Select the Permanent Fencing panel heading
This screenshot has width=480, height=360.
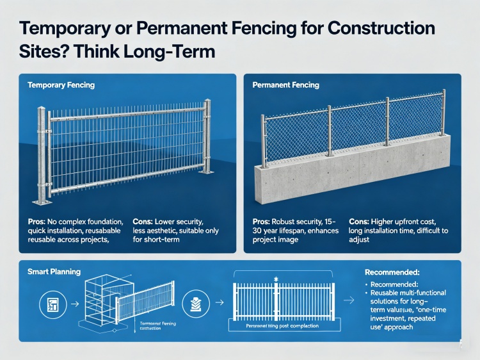pyautogui.click(x=285, y=85)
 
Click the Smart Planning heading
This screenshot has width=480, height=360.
pyautogui.click(x=54, y=272)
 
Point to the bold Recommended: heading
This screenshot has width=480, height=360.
pyautogui.click(x=392, y=272)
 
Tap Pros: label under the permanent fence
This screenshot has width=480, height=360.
pyautogui.click(x=265, y=221)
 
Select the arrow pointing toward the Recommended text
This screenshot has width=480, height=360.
pyautogui.click(x=349, y=299)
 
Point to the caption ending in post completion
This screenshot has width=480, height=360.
pyautogui.click(x=282, y=326)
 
